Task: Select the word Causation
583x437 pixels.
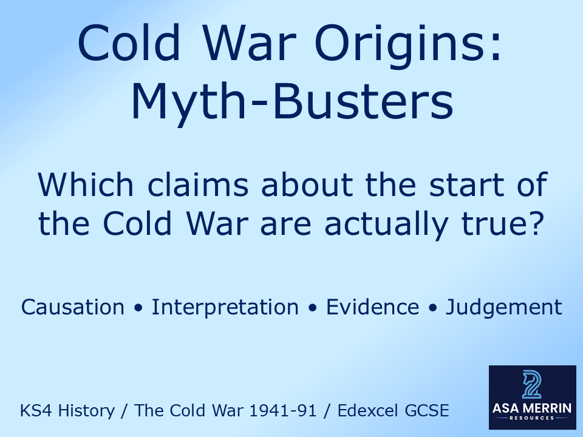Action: click(73, 307)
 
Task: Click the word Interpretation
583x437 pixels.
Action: click(225, 307)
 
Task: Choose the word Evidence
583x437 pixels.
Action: click(372, 307)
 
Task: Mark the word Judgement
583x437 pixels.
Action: click(504, 307)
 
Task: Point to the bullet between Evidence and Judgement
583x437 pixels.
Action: click(432, 308)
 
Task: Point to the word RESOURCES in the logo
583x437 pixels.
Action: click(531, 419)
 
